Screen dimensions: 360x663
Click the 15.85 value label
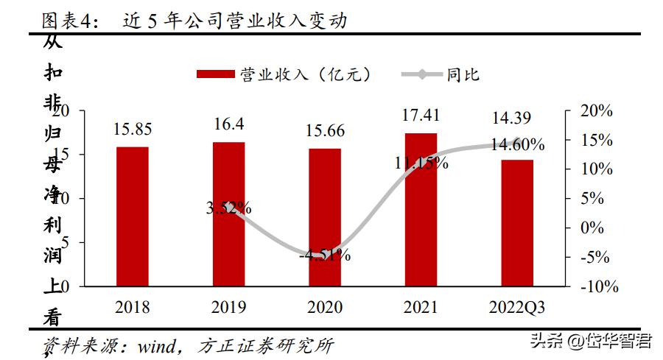click(133, 130)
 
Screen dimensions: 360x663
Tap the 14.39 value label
click(517, 118)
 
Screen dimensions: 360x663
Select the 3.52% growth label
click(229, 208)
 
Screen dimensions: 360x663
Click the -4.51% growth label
click(325, 256)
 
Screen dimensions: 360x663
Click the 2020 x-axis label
click(325, 306)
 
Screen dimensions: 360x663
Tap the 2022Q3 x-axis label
click(517, 306)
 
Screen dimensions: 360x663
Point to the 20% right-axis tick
click(595, 110)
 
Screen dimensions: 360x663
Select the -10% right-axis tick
click(597, 287)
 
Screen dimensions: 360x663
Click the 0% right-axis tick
click(592, 228)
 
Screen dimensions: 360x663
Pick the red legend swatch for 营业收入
click(216, 74)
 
